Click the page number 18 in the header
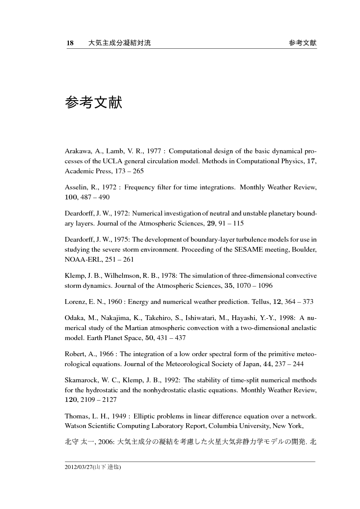pyautogui.click(x=70, y=43)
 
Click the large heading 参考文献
pyautogui.click(x=93, y=103)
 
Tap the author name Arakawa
pyautogui.click(x=77, y=152)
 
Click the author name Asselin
pyautogui.click(x=75, y=187)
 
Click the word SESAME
pyautogui.click(x=259, y=249)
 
